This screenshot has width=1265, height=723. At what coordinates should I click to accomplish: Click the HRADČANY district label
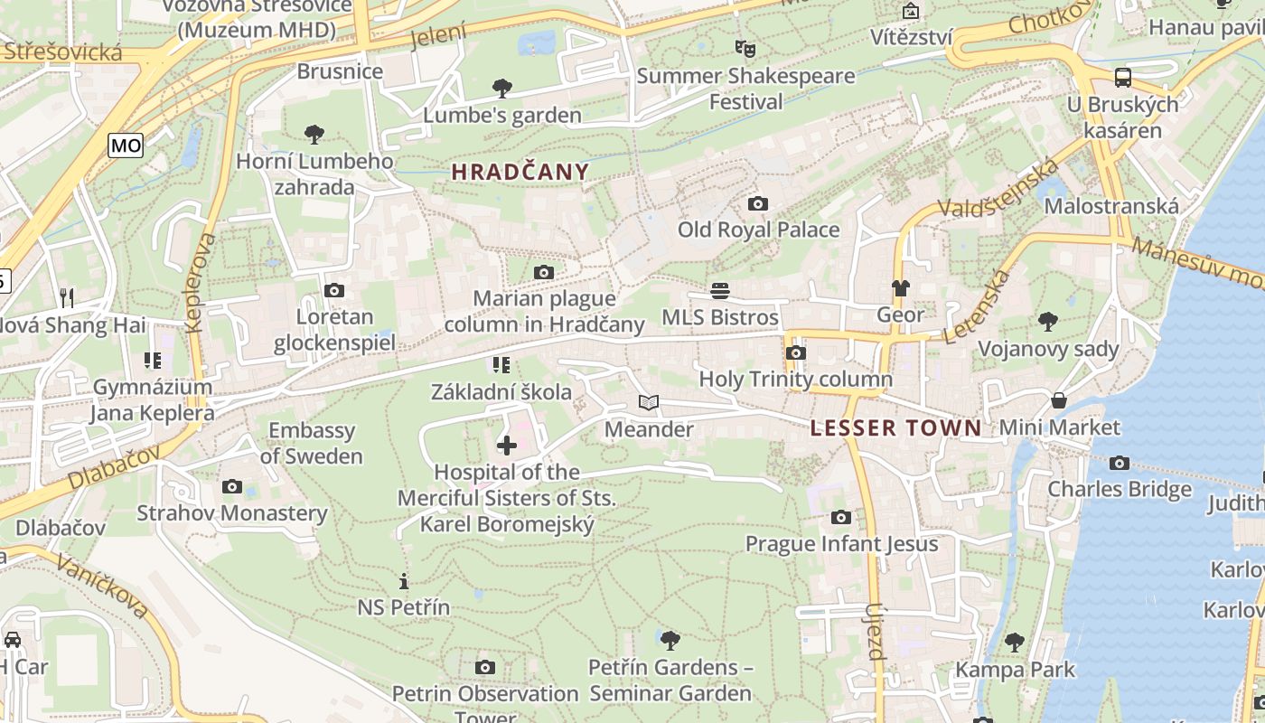(x=520, y=172)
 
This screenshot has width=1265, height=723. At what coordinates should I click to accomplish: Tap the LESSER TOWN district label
(x=895, y=428)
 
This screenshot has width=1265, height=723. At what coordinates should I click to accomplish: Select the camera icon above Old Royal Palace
(x=758, y=204)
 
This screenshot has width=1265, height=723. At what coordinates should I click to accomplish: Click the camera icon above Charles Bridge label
(x=1120, y=464)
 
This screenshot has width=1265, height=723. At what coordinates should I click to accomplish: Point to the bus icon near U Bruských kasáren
(x=1123, y=78)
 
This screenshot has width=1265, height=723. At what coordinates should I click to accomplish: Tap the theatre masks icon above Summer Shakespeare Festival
(x=745, y=48)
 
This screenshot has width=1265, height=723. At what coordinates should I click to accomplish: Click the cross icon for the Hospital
(x=507, y=446)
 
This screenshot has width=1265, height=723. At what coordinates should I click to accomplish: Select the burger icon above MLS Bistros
(x=720, y=291)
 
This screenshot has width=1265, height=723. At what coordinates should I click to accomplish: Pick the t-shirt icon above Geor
(x=900, y=289)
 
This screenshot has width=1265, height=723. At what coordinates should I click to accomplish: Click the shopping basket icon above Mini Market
(x=1059, y=400)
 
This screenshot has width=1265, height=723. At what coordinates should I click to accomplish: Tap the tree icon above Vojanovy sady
(x=1048, y=322)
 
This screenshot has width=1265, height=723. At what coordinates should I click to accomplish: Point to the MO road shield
(x=126, y=145)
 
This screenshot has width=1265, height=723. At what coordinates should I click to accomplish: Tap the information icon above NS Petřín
(x=403, y=581)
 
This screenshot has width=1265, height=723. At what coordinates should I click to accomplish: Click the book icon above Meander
(x=648, y=403)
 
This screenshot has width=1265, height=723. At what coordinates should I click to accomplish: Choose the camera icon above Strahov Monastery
(x=231, y=487)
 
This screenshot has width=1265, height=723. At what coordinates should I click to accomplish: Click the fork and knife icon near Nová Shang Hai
(x=66, y=297)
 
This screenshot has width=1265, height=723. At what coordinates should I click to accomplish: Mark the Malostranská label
(x=1111, y=206)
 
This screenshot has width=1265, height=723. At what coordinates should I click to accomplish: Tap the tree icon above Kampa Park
(x=1015, y=643)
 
